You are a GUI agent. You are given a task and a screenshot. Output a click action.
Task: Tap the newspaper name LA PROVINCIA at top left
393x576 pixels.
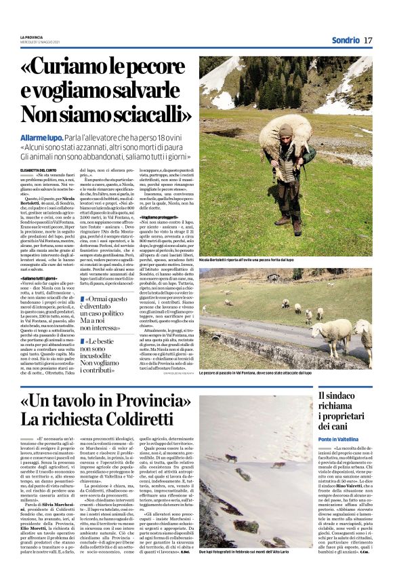click(31, 37)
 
